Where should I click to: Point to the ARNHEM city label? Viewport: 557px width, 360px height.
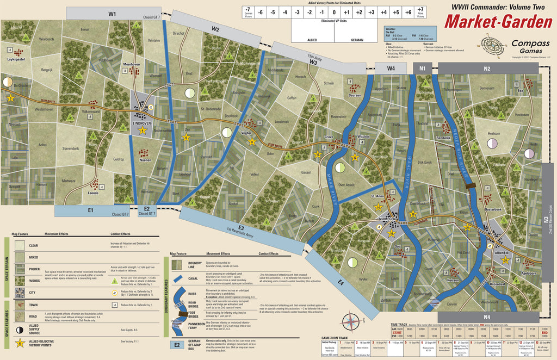point(502,253)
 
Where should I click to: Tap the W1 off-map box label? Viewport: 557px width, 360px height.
point(112,14)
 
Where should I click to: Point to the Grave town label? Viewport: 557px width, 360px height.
point(328,137)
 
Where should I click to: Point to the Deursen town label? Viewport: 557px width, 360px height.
point(354,95)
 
